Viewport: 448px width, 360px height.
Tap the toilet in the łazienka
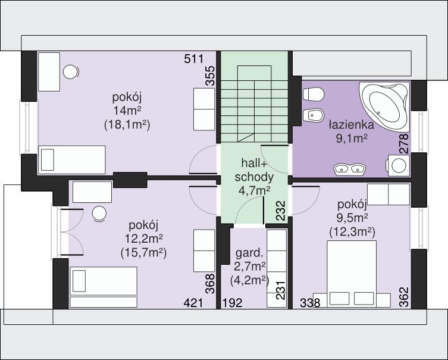pos(313,94)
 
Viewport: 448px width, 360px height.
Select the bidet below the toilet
pos(313,116)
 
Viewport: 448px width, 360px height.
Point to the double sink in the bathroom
pos(349,168)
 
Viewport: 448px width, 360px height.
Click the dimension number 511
pos(194,59)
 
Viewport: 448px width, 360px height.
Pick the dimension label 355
pos(210,76)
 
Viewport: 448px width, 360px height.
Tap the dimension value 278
pos(404,144)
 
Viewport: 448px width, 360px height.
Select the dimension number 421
pos(193,302)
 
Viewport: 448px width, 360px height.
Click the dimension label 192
pos(233,302)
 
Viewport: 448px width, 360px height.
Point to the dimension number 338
pos(310,302)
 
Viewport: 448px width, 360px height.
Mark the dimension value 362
pos(404,297)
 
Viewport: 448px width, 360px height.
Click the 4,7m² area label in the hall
pos(254,190)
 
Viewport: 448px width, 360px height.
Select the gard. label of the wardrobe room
pos(249,253)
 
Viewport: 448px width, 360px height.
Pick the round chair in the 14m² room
pos(71,72)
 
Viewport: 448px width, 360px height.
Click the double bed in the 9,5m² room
pos(352,274)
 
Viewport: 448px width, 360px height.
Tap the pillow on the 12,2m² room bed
pos(79,281)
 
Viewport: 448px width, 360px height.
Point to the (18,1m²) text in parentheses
pos(127,125)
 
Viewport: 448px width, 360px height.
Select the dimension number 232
pos(281,211)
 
